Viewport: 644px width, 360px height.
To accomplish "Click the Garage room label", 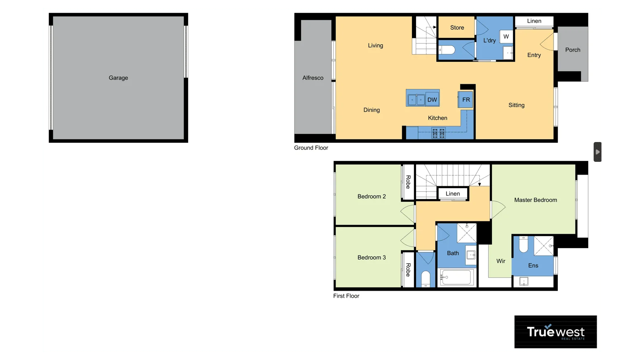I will pos(118,78).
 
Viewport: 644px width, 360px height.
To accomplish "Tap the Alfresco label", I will pos(313,78).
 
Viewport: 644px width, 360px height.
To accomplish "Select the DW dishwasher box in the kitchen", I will pos(432,99).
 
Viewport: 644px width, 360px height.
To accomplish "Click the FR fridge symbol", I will pos(466,99).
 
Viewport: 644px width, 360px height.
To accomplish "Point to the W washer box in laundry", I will pos(506,36).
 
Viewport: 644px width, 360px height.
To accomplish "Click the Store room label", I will pos(457,28).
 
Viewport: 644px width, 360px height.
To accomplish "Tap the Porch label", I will pos(573,50).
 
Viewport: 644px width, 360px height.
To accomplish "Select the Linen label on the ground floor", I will pos(534,21).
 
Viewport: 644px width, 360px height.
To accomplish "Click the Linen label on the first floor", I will pos(452,194).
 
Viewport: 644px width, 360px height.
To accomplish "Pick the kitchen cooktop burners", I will pos(438,133).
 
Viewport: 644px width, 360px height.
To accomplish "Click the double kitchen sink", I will pos(416,99).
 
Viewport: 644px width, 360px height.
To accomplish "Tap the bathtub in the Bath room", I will pos(457,277).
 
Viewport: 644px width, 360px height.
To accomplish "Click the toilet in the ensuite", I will pos(523,244).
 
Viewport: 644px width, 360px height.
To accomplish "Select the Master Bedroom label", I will pos(535,200).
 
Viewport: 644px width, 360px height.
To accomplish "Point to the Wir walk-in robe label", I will pos(501,261).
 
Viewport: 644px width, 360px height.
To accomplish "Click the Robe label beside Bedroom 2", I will pos(408,182).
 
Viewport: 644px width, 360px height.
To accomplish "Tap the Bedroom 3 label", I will pos(372,257).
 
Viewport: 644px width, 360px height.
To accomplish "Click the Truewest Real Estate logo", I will pos(555,332).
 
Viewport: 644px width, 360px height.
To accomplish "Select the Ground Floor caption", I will pos(311,148).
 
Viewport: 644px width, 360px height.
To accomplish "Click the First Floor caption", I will pos(346,296).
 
